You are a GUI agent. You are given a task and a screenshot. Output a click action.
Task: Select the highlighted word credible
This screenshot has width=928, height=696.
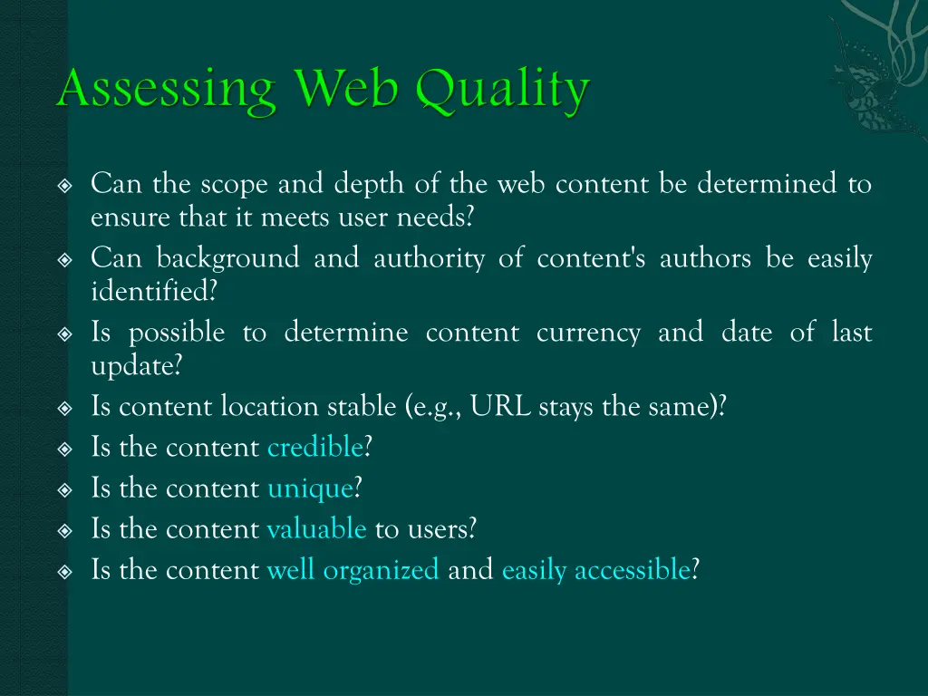click(314, 448)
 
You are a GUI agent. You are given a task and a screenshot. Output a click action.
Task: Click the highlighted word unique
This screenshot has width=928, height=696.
click(310, 488)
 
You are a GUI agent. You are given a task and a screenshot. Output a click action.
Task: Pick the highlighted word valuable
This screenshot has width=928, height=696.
click(316, 529)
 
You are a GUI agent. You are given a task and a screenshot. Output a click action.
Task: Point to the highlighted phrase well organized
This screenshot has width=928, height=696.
click(353, 570)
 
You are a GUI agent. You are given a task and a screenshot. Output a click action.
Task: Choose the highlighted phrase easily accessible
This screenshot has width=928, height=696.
click(595, 570)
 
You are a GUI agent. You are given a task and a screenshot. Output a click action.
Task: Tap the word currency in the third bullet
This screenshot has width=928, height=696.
click(588, 333)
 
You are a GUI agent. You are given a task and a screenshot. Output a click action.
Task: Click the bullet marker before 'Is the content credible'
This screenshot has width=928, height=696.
click(64, 449)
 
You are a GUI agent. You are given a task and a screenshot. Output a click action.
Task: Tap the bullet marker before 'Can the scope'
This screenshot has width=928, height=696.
click(64, 186)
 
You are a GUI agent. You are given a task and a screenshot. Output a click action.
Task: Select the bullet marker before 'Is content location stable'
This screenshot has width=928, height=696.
click(64, 408)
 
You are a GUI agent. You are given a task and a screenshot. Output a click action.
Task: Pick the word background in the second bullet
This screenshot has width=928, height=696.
click(227, 259)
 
